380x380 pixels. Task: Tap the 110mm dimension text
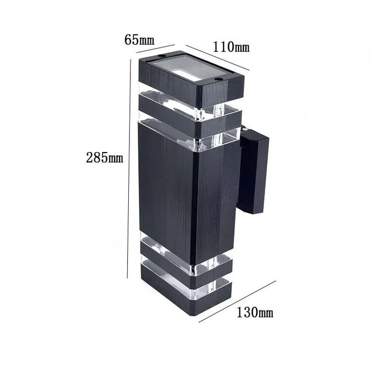(x=231, y=46)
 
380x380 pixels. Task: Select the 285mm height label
(x=104, y=157)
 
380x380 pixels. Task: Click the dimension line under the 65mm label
(x=156, y=50)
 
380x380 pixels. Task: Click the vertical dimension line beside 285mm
(x=129, y=169)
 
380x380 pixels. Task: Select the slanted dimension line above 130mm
(x=237, y=301)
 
